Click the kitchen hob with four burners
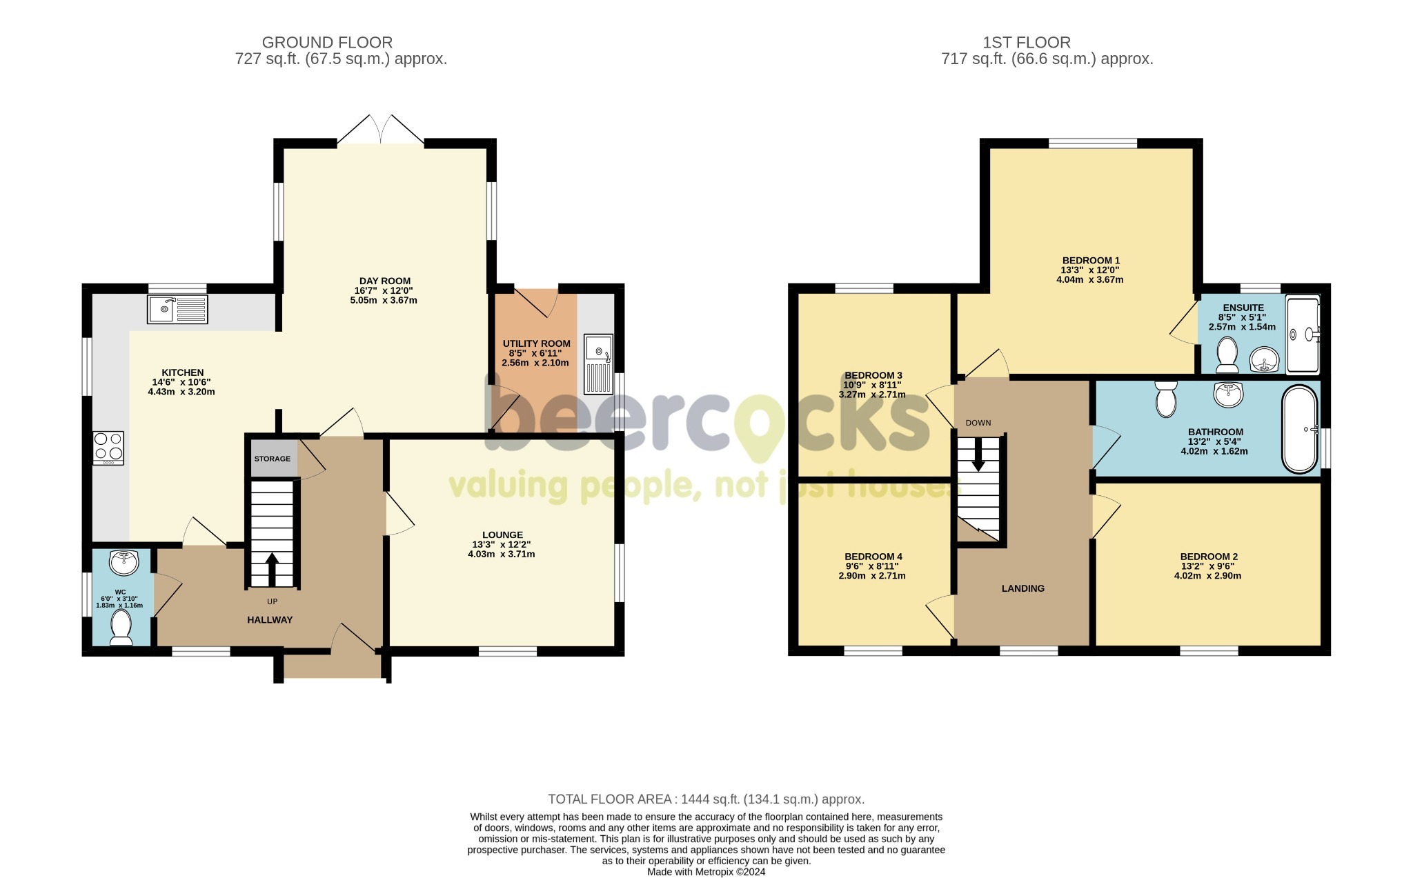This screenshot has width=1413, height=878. click(x=108, y=448)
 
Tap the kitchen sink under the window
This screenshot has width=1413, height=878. click(x=177, y=309)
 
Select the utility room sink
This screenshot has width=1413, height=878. click(x=598, y=364)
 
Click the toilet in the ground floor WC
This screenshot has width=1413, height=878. click(x=121, y=626)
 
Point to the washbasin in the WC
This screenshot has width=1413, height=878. click(x=124, y=562)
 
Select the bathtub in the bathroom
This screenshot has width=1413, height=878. click(x=1300, y=429)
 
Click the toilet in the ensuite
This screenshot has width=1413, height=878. click(x=1227, y=354)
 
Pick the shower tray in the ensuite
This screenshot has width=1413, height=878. click(x=1303, y=335)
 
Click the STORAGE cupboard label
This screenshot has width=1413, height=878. click(x=273, y=459)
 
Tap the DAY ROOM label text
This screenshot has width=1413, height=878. click(x=385, y=281)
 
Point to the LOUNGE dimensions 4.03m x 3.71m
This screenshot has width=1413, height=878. click(x=502, y=554)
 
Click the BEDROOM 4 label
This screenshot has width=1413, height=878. click(x=873, y=557)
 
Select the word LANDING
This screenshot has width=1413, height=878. click(x=1023, y=588)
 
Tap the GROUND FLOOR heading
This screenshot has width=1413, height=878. click(x=327, y=43)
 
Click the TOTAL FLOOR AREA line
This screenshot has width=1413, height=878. click(x=706, y=799)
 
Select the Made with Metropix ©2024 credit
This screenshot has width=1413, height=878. click(x=706, y=872)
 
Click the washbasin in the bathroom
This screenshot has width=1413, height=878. click(x=1228, y=395)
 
